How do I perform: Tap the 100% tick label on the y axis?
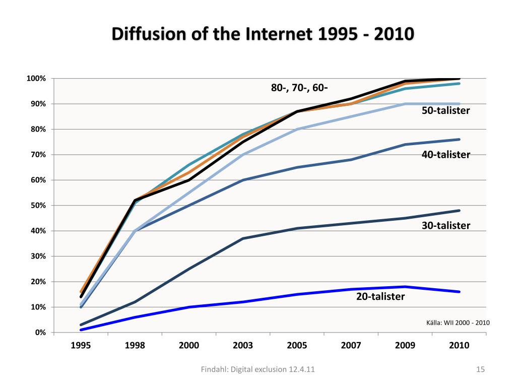pos(36,79)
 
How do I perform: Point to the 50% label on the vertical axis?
pos(38,206)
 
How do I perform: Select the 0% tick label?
pos(40,333)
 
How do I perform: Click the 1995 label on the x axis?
pos(81,346)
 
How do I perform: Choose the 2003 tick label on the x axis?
pos(243,346)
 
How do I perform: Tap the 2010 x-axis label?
pos(459,346)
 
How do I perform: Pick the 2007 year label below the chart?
pos(351,346)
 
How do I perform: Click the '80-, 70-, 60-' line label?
pos(299,88)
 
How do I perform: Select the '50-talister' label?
pos(445,110)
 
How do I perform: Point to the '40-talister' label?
pos(445,155)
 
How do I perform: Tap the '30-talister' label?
pos(445,226)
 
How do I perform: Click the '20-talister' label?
pos(380,297)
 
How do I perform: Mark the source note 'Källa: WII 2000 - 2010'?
pos(458,322)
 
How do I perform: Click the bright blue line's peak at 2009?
pos(405,287)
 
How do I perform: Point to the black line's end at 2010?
pos(459,79)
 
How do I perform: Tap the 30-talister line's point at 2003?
pos(243,238)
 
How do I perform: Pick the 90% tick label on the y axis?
pos(38,104)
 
